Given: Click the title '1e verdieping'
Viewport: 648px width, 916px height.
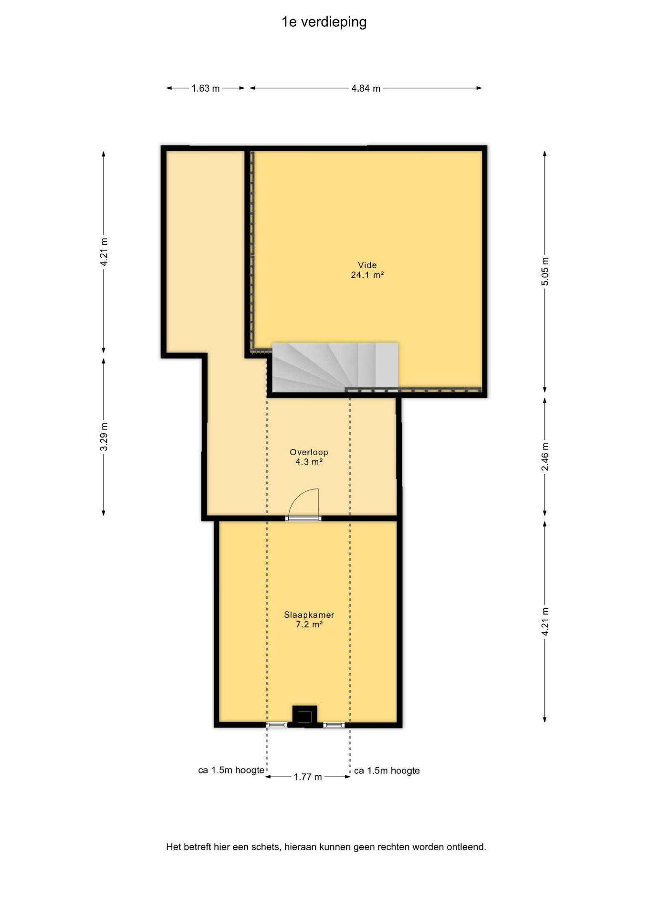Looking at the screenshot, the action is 324,22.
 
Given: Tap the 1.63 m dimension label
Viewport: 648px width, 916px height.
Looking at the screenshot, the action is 206,88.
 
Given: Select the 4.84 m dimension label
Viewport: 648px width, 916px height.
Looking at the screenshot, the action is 366,88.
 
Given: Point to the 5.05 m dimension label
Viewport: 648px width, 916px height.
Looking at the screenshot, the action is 545,271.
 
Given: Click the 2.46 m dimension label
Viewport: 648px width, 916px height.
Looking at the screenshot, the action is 545,457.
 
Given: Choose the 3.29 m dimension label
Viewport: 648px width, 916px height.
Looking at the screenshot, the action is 104,437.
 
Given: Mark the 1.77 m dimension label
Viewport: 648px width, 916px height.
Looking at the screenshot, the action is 308,777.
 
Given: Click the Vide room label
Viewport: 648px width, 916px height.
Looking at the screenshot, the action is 367,265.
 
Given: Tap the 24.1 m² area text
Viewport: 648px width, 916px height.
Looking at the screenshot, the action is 367,275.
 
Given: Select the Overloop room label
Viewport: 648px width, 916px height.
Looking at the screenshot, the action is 309,452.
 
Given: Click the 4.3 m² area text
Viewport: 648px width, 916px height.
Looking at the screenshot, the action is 309,462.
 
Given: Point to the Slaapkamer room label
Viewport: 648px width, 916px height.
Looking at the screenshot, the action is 309,615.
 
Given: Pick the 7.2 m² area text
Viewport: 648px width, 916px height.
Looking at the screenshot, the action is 309,625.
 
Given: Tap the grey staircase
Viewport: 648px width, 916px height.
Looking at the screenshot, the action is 335,367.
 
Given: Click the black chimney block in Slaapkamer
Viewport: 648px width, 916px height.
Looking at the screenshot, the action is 304,716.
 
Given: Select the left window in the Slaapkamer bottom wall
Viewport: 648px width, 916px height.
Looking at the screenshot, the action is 276,725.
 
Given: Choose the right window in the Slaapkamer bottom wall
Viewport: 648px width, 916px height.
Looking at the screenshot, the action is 334,725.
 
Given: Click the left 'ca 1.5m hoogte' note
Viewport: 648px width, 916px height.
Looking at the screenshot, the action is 231,770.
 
